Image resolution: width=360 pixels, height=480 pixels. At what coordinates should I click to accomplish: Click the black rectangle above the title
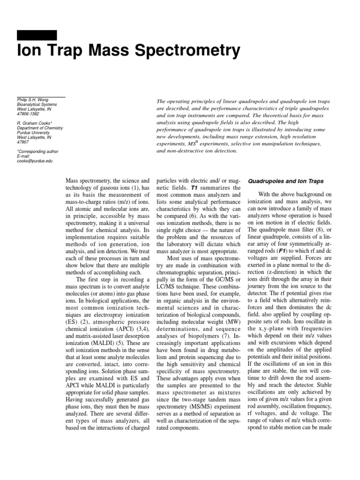coord(37,35)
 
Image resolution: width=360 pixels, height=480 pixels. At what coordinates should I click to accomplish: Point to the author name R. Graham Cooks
coord(34,123)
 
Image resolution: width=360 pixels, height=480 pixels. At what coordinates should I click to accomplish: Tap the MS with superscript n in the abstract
coord(188,144)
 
